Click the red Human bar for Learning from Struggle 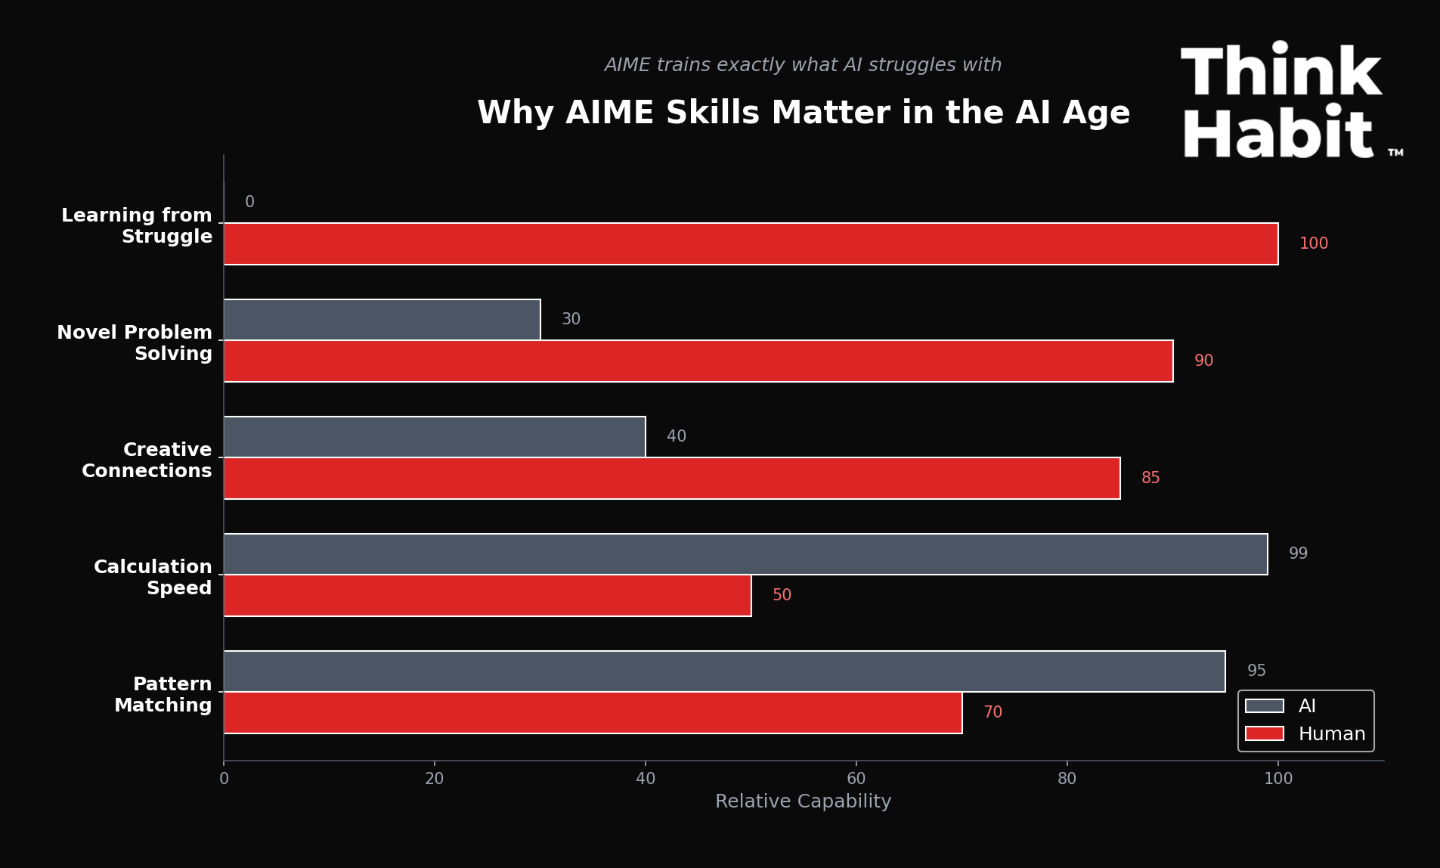pyautogui.click(x=751, y=244)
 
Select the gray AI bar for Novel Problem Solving pyautogui.click(x=382, y=320)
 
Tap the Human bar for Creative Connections pyautogui.click(x=671, y=479)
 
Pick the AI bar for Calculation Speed pyautogui.click(x=745, y=554)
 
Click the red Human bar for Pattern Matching pyautogui.click(x=593, y=713)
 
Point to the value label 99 pyautogui.click(x=1298, y=554)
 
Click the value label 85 pyautogui.click(x=1150, y=479)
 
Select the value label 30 pyautogui.click(x=571, y=320)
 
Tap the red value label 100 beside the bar pyautogui.click(x=1313, y=244)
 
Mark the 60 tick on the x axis pyautogui.click(x=856, y=779)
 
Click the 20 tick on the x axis pyautogui.click(x=435, y=779)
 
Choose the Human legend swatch pyautogui.click(x=1264, y=734)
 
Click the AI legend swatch pyautogui.click(x=1264, y=706)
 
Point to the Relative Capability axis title pyautogui.click(x=803, y=801)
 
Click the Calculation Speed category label pyautogui.click(x=153, y=578)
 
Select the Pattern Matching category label pyautogui.click(x=163, y=695)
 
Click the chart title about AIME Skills pyautogui.click(x=803, y=113)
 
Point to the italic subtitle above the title pyautogui.click(x=803, y=65)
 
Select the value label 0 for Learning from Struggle pyautogui.click(x=249, y=203)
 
